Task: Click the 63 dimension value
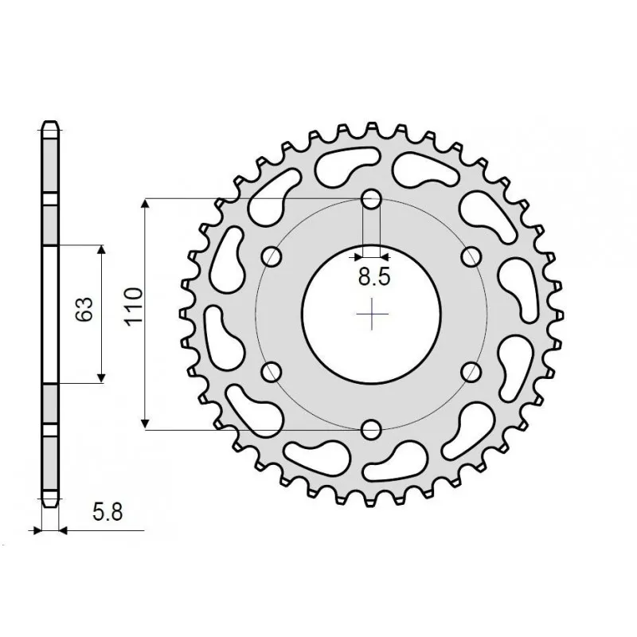tap(88, 309)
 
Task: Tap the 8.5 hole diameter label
tap(373, 278)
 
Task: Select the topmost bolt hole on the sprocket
tap(372, 198)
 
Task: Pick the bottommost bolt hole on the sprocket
tap(372, 430)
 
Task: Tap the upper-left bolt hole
tap(272, 256)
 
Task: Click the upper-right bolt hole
tap(472, 256)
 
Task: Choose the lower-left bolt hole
tap(272, 372)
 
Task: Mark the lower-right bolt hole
tap(472, 372)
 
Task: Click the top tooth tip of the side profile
tap(49, 123)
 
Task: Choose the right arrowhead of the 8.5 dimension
tap(385, 256)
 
